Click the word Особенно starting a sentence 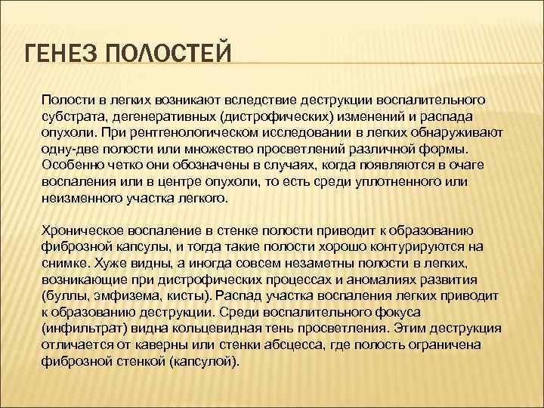click(x=72, y=165)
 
